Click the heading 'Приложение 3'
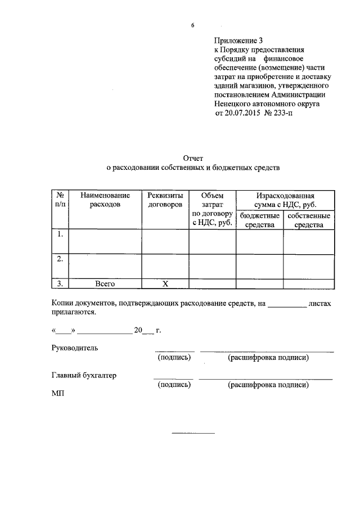(238, 40)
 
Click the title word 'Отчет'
(192, 158)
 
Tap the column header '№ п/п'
(60, 200)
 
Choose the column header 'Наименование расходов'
(105, 200)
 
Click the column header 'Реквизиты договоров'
(165, 200)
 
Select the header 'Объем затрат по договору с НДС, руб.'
(212, 209)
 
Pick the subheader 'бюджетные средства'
(259, 220)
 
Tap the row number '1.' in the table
(60, 234)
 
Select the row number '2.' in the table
(60, 259)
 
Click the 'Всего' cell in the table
(105, 284)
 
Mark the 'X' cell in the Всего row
(165, 284)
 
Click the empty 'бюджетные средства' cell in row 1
(259, 242)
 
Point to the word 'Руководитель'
(75, 348)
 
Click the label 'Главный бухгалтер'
(84, 376)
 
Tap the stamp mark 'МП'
(58, 394)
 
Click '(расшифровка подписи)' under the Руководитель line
(268, 357)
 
